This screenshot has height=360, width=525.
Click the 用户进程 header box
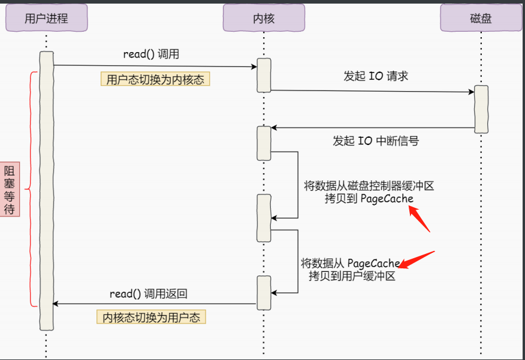(x=46, y=18)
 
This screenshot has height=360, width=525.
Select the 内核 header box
(x=264, y=18)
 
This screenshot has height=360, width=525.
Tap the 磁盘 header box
(x=481, y=18)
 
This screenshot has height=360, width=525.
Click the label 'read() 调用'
(x=151, y=54)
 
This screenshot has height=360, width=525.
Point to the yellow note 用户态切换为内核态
(x=155, y=79)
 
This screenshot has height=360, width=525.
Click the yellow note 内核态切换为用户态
(x=151, y=317)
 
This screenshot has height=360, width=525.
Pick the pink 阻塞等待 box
(x=10, y=188)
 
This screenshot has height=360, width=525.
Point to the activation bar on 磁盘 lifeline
(x=481, y=108)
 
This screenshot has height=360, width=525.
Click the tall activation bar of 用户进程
(x=46, y=190)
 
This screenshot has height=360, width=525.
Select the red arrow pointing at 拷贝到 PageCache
(x=420, y=218)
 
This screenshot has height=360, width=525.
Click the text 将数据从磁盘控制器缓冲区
(x=369, y=186)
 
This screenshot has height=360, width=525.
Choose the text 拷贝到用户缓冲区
(x=352, y=276)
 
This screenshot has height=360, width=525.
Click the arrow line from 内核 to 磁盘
(x=372, y=92)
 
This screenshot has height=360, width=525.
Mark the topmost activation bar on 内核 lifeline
(x=264, y=75)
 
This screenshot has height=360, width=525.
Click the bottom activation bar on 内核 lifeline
(x=264, y=292)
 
